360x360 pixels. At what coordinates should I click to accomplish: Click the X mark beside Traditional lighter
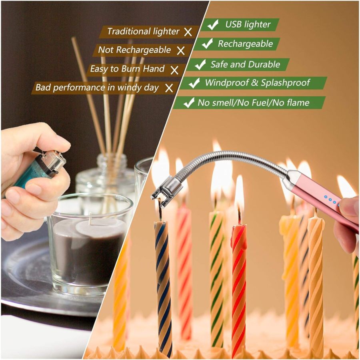pos(188,32)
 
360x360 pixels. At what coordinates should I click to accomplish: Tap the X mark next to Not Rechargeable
pos(181,51)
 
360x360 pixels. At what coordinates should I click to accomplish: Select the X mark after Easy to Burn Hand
pos(174,70)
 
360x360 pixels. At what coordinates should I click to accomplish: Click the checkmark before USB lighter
pos(212,25)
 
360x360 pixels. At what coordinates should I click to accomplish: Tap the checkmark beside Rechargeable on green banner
pos(207,44)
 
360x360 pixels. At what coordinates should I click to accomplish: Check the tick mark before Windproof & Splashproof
pos(194,83)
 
